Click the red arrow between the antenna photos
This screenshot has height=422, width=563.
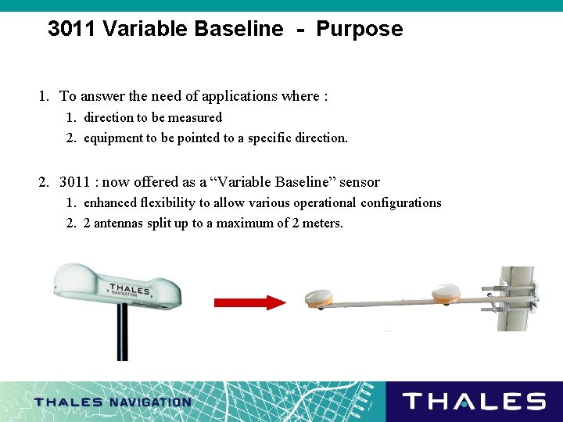(x=250, y=302)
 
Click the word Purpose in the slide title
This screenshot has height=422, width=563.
(x=360, y=30)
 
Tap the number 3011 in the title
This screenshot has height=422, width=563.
(x=72, y=30)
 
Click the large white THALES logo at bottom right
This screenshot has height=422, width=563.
(x=474, y=402)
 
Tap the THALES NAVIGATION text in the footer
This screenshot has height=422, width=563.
(x=113, y=402)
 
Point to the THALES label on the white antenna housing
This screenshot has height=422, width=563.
(x=130, y=290)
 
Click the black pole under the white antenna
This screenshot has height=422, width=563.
(x=122, y=332)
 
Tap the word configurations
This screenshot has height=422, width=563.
(x=400, y=203)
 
